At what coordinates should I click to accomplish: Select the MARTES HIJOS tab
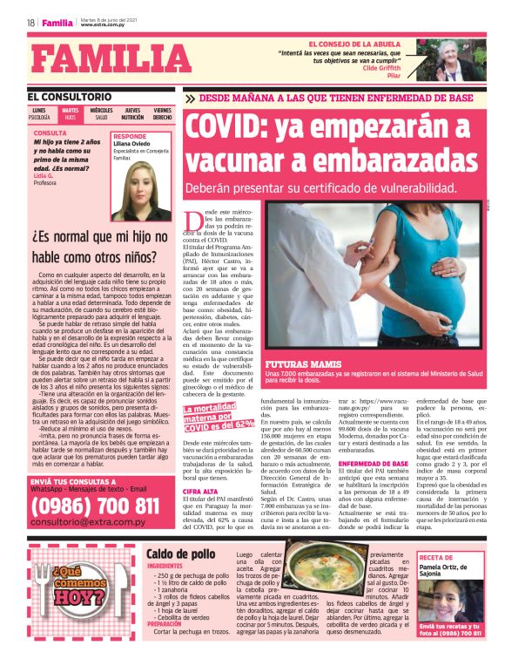point(70,113)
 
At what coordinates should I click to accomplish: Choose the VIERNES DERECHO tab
point(162,113)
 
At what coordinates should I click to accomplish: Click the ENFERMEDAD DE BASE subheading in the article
point(373,464)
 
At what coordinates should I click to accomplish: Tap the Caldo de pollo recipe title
point(180,554)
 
